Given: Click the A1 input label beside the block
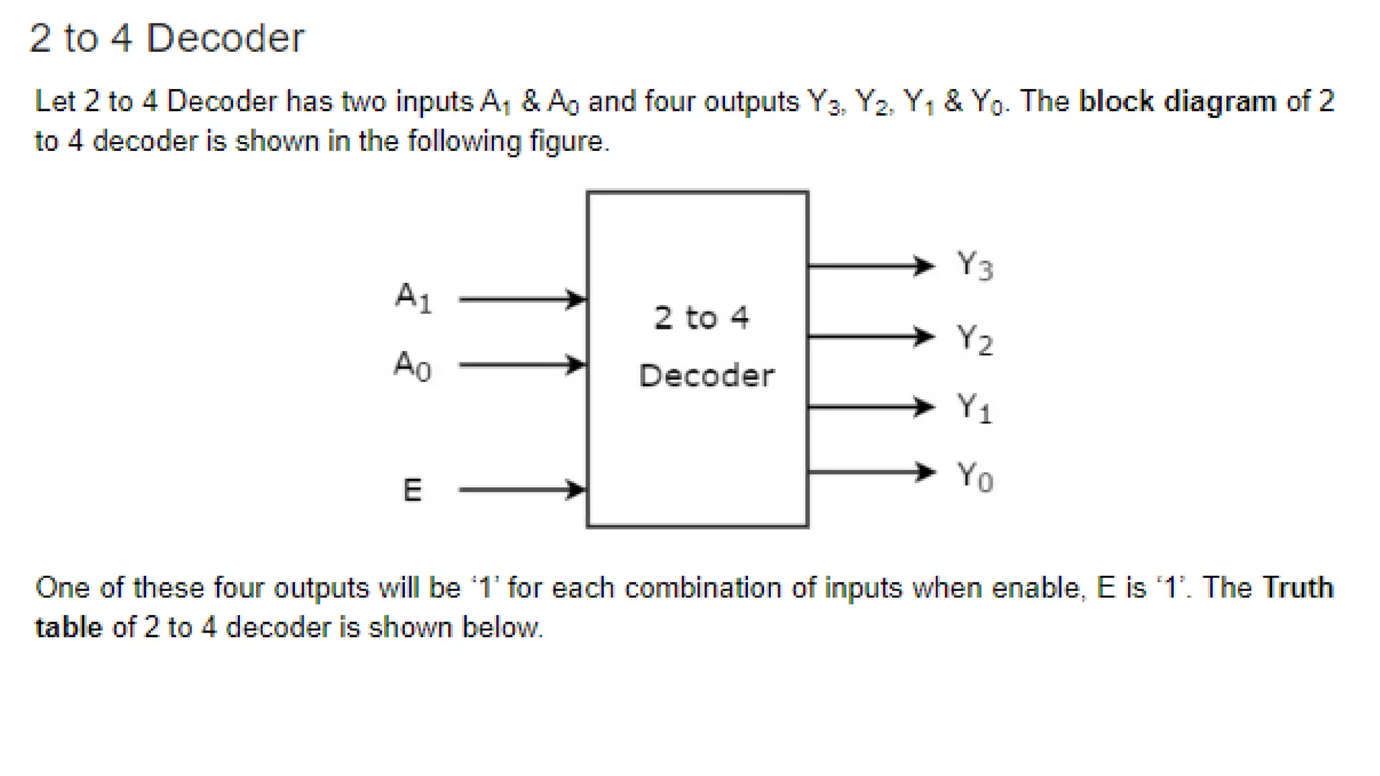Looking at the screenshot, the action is click(413, 298).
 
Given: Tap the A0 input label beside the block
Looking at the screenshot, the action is click(412, 366).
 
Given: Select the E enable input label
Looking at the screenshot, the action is click(412, 490).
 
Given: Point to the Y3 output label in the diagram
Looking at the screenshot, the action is click(974, 265).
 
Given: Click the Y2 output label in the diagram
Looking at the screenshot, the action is click(974, 339).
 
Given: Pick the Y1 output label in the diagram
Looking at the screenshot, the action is click(974, 408).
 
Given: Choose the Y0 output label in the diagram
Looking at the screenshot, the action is click(974, 477).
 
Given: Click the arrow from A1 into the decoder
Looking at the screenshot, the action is click(522, 299).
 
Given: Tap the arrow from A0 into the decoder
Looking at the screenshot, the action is click(522, 365).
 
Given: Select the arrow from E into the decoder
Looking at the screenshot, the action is click(522, 490).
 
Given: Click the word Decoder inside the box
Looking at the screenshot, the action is click(706, 376).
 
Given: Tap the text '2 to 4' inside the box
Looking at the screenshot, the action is click(701, 318).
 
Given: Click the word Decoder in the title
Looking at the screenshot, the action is click(225, 38).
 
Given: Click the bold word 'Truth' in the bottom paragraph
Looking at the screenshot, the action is click(1297, 588).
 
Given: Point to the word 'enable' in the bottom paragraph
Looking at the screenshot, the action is click(1038, 588).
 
